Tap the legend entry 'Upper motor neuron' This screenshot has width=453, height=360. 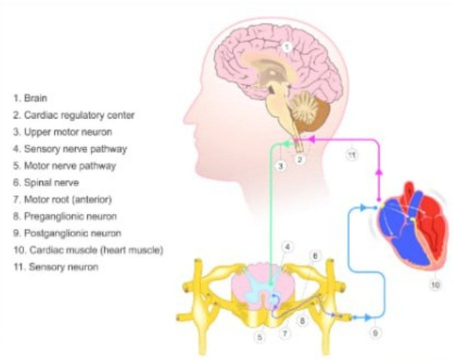[68, 132]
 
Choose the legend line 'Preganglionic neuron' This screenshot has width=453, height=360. [70, 216]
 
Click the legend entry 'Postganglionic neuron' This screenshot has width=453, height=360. [73, 233]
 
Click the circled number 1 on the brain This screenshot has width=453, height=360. [286, 48]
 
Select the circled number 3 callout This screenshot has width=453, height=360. [282, 165]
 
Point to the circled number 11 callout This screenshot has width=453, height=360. [352, 155]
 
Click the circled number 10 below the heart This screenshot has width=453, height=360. [434, 285]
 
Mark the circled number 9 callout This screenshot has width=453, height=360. [375, 331]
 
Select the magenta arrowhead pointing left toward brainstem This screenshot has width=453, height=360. [311, 139]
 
